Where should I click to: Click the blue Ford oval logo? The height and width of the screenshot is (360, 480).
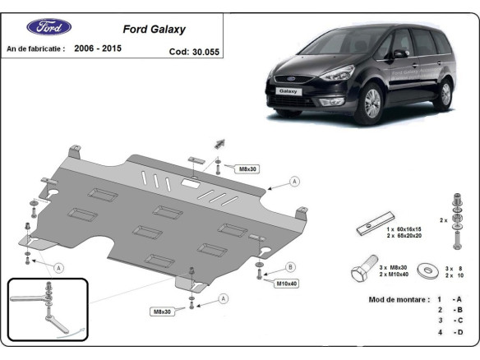[x=49, y=27]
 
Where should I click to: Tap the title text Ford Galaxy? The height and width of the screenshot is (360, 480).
[x=154, y=29]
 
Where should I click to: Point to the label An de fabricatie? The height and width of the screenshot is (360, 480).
[x=35, y=49]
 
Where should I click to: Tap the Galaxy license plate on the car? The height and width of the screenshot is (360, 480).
[x=287, y=91]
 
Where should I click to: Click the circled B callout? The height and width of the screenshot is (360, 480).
[x=290, y=266]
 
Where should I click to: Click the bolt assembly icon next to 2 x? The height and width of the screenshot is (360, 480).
[x=456, y=219]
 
